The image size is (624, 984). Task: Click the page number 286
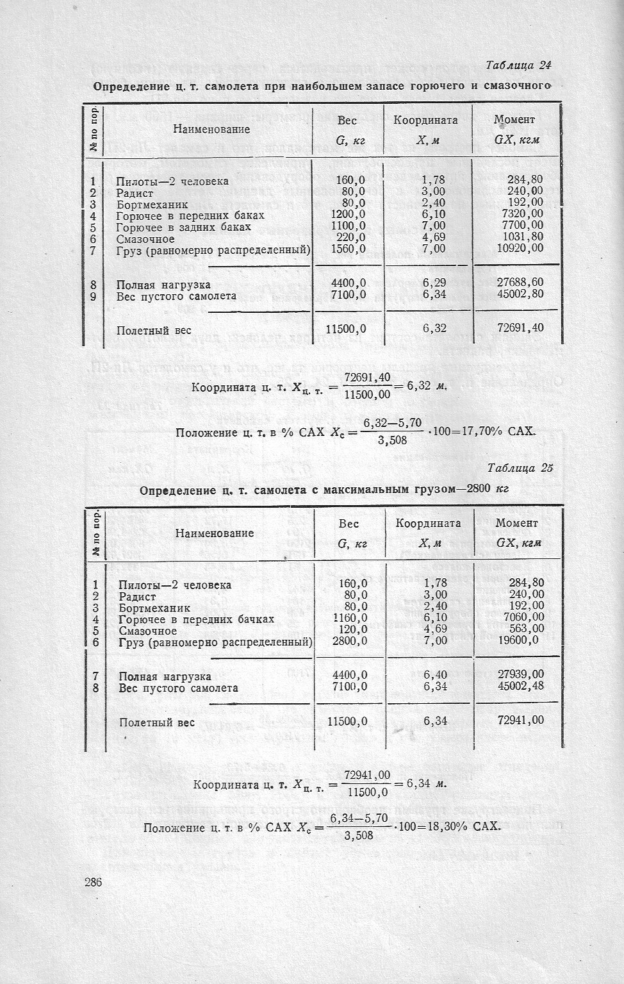93,883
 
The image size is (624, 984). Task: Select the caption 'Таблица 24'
518,65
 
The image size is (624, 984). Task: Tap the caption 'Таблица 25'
520,468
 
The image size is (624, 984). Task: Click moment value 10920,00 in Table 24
520,248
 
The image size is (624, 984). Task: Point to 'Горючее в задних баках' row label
183,227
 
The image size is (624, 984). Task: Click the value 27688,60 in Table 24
520,283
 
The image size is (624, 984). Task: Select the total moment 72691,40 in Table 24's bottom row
520,328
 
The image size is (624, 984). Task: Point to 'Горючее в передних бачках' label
196,619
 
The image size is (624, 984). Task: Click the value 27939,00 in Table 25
521,674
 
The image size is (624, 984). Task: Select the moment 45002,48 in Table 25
521,687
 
